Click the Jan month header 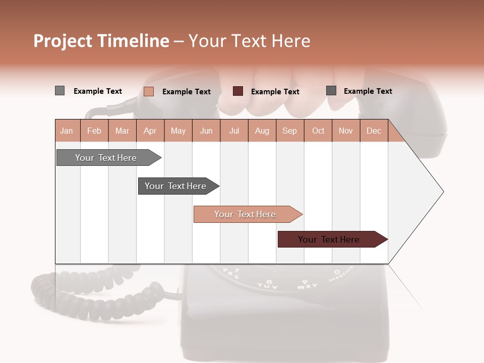tap(67, 131)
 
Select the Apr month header tap(150, 131)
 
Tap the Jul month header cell tap(234, 131)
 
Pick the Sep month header tap(289, 131)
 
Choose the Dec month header tap(374, 131)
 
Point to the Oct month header tap(318, 131)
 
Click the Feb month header tap(94, 131)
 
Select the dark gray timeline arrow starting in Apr tap(176, 186)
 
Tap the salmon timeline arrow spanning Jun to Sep tap(246, 214)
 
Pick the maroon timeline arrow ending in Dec tap(330, 239)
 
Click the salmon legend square tap(149, 91)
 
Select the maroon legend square tap(238, 91)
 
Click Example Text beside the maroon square tap(275, 92)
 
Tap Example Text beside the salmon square tap(187, 92)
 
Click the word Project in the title tap(63, 41)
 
